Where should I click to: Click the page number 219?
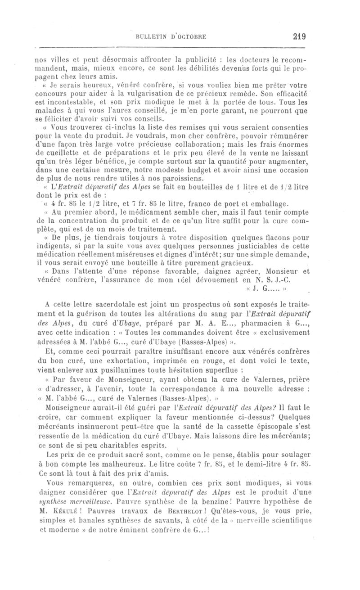tap(298, 37)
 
